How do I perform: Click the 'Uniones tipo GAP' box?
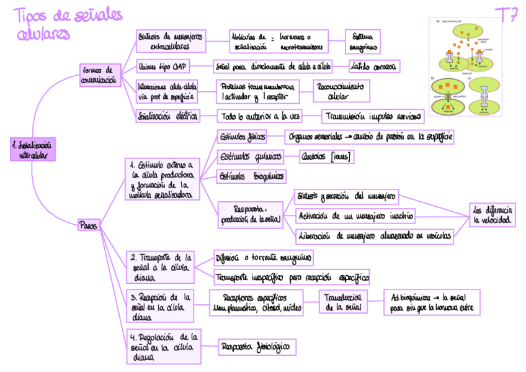(163, 66)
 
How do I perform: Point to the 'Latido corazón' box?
(374, 66)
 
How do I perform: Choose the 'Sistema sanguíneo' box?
(362, 41)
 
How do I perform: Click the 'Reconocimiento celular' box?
(342, 91)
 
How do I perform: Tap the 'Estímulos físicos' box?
(242, 135)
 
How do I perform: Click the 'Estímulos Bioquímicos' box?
(251, 176)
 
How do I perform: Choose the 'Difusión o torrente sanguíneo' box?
(263, 257)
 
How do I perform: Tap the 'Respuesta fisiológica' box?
(256, 347)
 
